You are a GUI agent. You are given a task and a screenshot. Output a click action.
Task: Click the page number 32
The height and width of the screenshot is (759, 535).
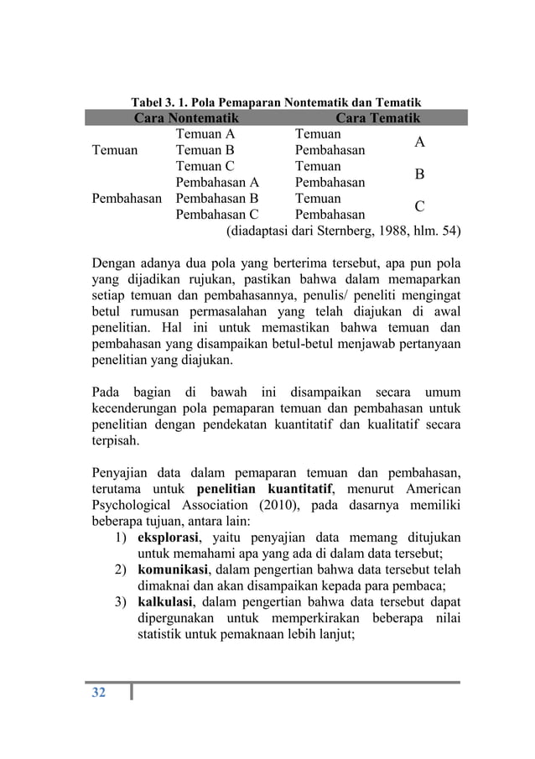[x=98, y=692]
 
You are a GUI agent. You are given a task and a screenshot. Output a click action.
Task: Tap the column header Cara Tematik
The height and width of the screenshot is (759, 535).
[x=378, y=119]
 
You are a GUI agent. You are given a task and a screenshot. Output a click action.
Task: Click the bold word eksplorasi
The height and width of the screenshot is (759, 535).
[x=173, y=537]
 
